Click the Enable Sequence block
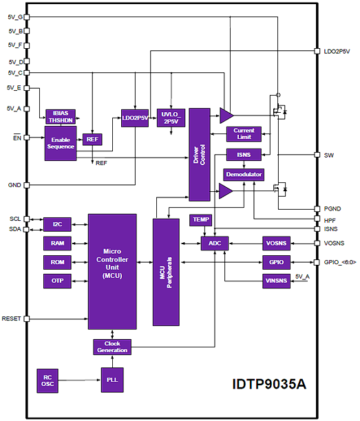coord(61,143)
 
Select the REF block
coord(92,140)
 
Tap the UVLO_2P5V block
coord(171,118)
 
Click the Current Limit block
coord(244,134)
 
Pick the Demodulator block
coord(244,175)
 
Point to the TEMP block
coord(201,220)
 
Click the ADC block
coord(215,244)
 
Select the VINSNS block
coord(276,281)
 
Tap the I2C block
coord(57,224)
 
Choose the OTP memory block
coord(57,281)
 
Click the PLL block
coord(112,380)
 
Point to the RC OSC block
coord(47,380)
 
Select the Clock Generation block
coord(112,347)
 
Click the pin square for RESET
coord(27,319)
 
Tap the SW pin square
coord(317,155)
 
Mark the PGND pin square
coord(317,208)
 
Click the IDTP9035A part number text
coord(269,384)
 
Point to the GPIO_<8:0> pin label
coord(340,262)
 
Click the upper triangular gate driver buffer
coord(226,116)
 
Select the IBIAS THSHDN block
coord(61,117)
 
